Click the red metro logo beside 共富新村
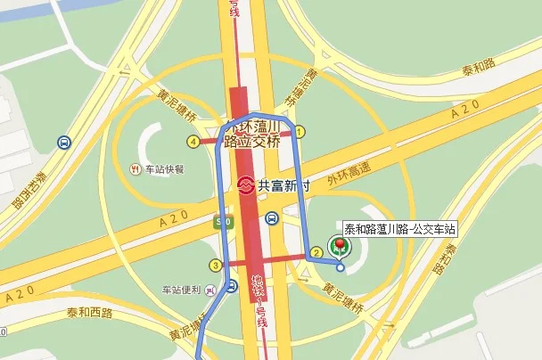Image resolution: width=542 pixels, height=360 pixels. (x=247, y=186)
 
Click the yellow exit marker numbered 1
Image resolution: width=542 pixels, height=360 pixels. (x=300, y=132)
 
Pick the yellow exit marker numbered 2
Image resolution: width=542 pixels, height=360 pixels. (x=315, y=253)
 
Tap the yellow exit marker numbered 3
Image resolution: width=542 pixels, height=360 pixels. (x=215, y=265)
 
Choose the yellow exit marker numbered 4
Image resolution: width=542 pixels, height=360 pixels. (x=193, y=141)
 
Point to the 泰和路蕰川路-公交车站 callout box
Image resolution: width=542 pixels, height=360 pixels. (x=394, y=227)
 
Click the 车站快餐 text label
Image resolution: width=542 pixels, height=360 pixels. (x=164, y=168)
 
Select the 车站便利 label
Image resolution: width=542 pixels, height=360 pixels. (x=179, y=290)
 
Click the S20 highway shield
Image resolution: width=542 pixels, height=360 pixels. (x=224, y=221)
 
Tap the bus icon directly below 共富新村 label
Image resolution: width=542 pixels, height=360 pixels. (x=271, y=217)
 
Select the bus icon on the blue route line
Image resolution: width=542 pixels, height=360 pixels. (x=231, y=286)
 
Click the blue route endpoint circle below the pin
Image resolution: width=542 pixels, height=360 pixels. (x=340, y=265)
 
